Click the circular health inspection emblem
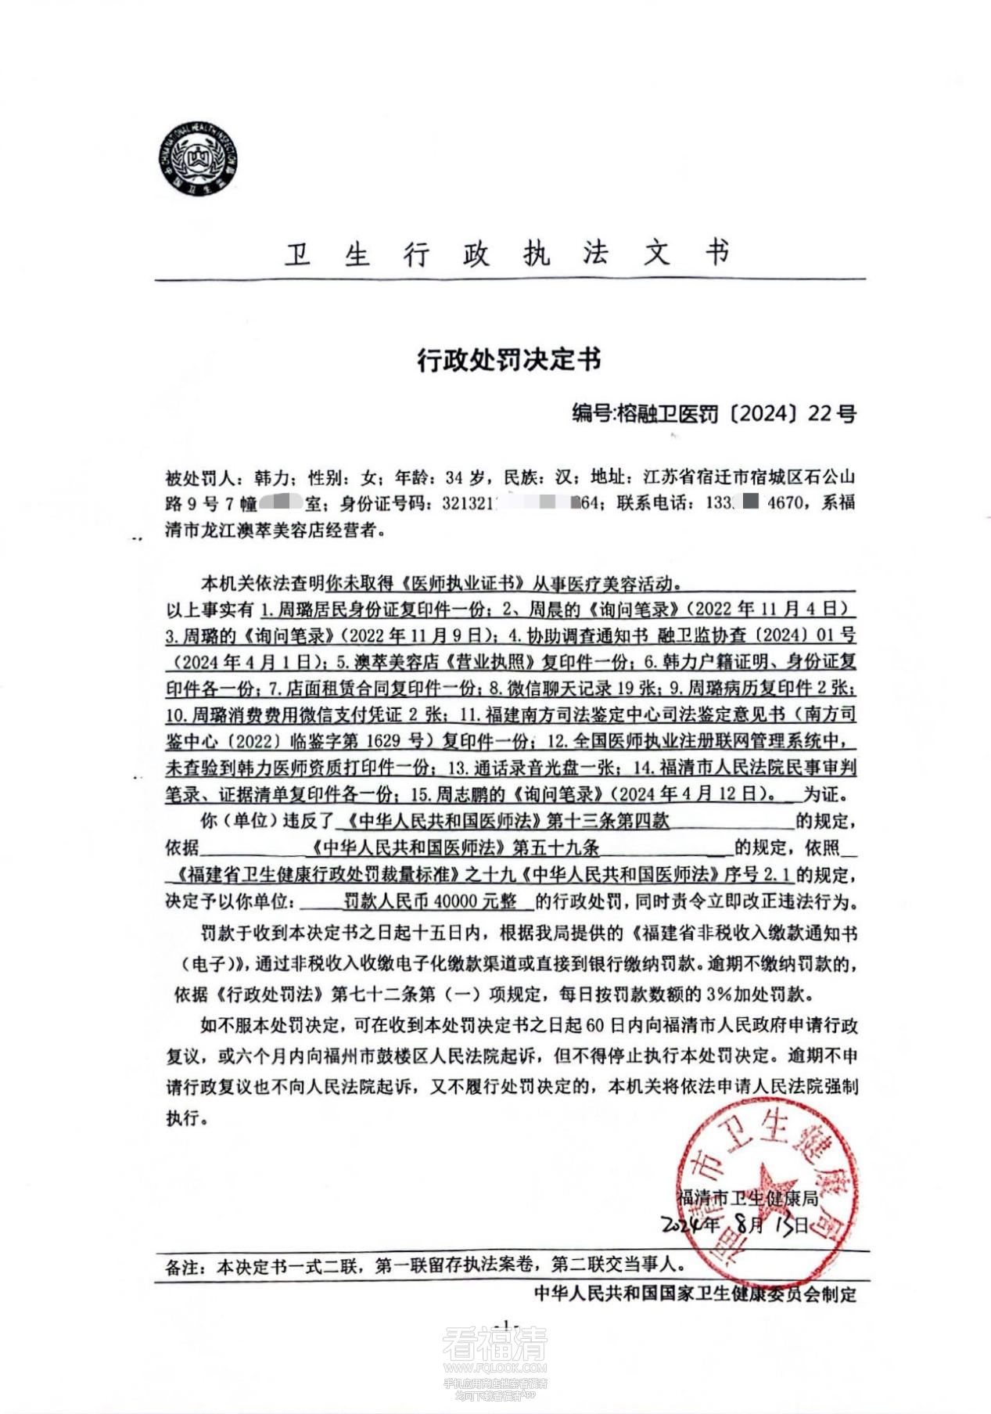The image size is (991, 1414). (199, 160)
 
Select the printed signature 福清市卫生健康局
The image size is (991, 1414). (747, 1198)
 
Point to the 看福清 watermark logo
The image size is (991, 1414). (494, 1343)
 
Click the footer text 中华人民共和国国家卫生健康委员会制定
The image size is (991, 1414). (695, 1293)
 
